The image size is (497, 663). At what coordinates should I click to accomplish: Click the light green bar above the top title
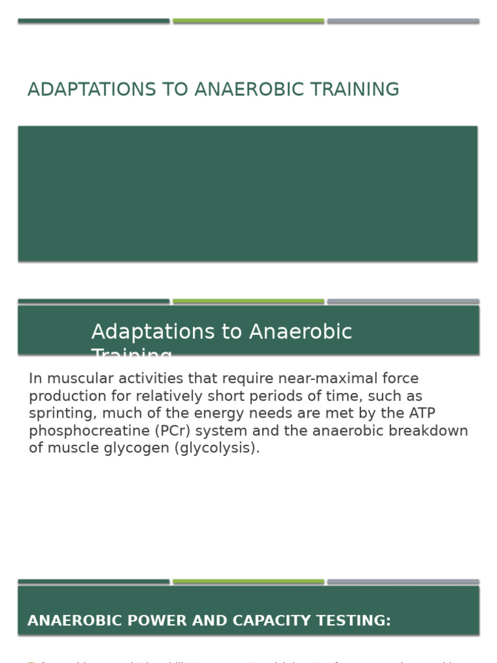[248, 21]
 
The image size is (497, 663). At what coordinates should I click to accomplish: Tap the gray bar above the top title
[403, 21]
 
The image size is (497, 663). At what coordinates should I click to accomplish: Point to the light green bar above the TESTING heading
[248, 582]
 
